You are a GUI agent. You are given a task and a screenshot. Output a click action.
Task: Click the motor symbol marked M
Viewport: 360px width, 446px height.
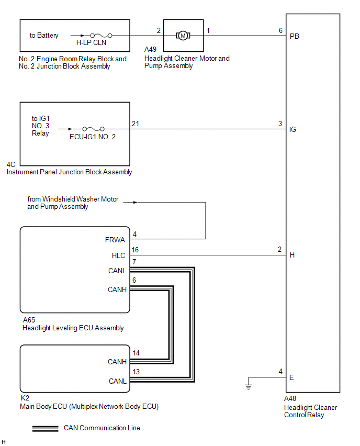tap(183, 36)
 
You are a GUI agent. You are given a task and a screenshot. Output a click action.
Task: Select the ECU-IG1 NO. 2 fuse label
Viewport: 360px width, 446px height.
tap(93, 137)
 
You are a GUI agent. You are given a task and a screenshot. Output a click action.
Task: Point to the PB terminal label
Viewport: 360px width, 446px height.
tap(295, 36)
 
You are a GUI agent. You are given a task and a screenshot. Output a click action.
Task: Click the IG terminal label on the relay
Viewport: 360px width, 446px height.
tap(292, 129)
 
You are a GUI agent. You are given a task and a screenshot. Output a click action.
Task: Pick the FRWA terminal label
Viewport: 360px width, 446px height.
tap(115, 240)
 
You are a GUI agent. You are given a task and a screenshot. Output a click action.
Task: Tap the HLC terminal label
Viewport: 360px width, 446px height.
tap(117, 255)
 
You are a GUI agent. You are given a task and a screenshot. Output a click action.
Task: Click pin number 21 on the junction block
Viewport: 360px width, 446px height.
tap(136, 123)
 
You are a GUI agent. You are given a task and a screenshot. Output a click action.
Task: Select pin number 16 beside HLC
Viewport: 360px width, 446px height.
tap(136, 250)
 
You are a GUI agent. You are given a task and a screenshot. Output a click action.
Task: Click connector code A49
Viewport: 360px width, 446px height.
tap(150, 50)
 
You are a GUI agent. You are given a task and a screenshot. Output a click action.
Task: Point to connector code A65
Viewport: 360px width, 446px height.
tap(29, 320)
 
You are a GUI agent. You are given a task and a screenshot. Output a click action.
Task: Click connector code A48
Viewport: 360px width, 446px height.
tap(291, 398)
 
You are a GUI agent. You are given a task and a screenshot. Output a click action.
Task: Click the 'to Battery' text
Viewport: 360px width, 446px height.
tap(44, 36)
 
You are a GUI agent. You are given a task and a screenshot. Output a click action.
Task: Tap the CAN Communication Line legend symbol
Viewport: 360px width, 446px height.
tap(45, 428)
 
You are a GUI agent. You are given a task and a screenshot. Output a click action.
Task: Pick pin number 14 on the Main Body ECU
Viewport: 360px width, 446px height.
tap(136, 353)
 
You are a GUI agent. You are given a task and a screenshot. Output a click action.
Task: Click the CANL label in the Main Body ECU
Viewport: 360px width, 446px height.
tap(117, 381)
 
